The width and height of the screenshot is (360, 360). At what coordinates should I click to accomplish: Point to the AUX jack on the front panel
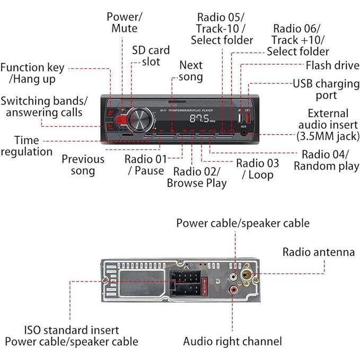pyautogui.click(x=245, y=133)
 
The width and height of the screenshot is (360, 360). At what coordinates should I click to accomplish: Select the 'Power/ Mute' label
pyautogui.click(x=122, y=22)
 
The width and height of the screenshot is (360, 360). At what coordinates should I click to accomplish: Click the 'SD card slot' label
pyautogui.click(x=151, y=56)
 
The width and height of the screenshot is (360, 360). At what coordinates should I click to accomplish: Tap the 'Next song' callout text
pyautogui.click(x=191, y=71)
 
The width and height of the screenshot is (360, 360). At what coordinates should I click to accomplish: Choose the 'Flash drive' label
pyautogui.click(x=332, y=66)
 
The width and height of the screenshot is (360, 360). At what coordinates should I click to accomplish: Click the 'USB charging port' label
pyautogui.click(x=326, y=90)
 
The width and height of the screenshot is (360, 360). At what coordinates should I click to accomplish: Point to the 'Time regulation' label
pyautogui.click(x=27, y=146)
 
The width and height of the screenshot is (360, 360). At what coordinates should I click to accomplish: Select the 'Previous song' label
pyautogui.click(x=83, y=165)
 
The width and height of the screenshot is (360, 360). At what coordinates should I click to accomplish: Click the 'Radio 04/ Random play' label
pyautogui.click(x=326, y=160)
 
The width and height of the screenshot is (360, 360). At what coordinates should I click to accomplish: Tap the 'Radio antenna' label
pyautogui.click(x=318, y=252)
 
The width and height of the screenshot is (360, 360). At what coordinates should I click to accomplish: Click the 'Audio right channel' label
pyautogui.click(x=232, y=341)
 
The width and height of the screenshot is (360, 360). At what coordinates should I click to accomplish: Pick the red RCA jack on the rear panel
pyautogui.click(x=234, y=291)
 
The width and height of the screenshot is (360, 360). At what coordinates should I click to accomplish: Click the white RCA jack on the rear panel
pyautogui.click(x=234, y=276)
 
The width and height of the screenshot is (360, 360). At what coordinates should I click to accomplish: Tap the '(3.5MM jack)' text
pyautogui.click(x=328, y=136)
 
